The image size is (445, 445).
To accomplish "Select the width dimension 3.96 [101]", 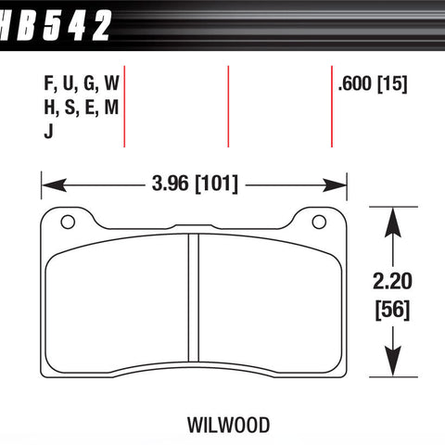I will pyautogui.click(x=195, y=184).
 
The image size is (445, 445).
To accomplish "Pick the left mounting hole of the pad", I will pyautogui.click(x=66, y=222).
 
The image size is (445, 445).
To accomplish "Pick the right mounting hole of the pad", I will pyautogui.click(x=320, y=222).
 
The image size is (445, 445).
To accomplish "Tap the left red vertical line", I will pyautogui.click(x=124, y=107).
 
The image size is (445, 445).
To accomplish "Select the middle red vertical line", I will pyautogui.click(x=228, y=107).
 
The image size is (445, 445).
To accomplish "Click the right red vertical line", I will pyautogui.click(x=332, y=107).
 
